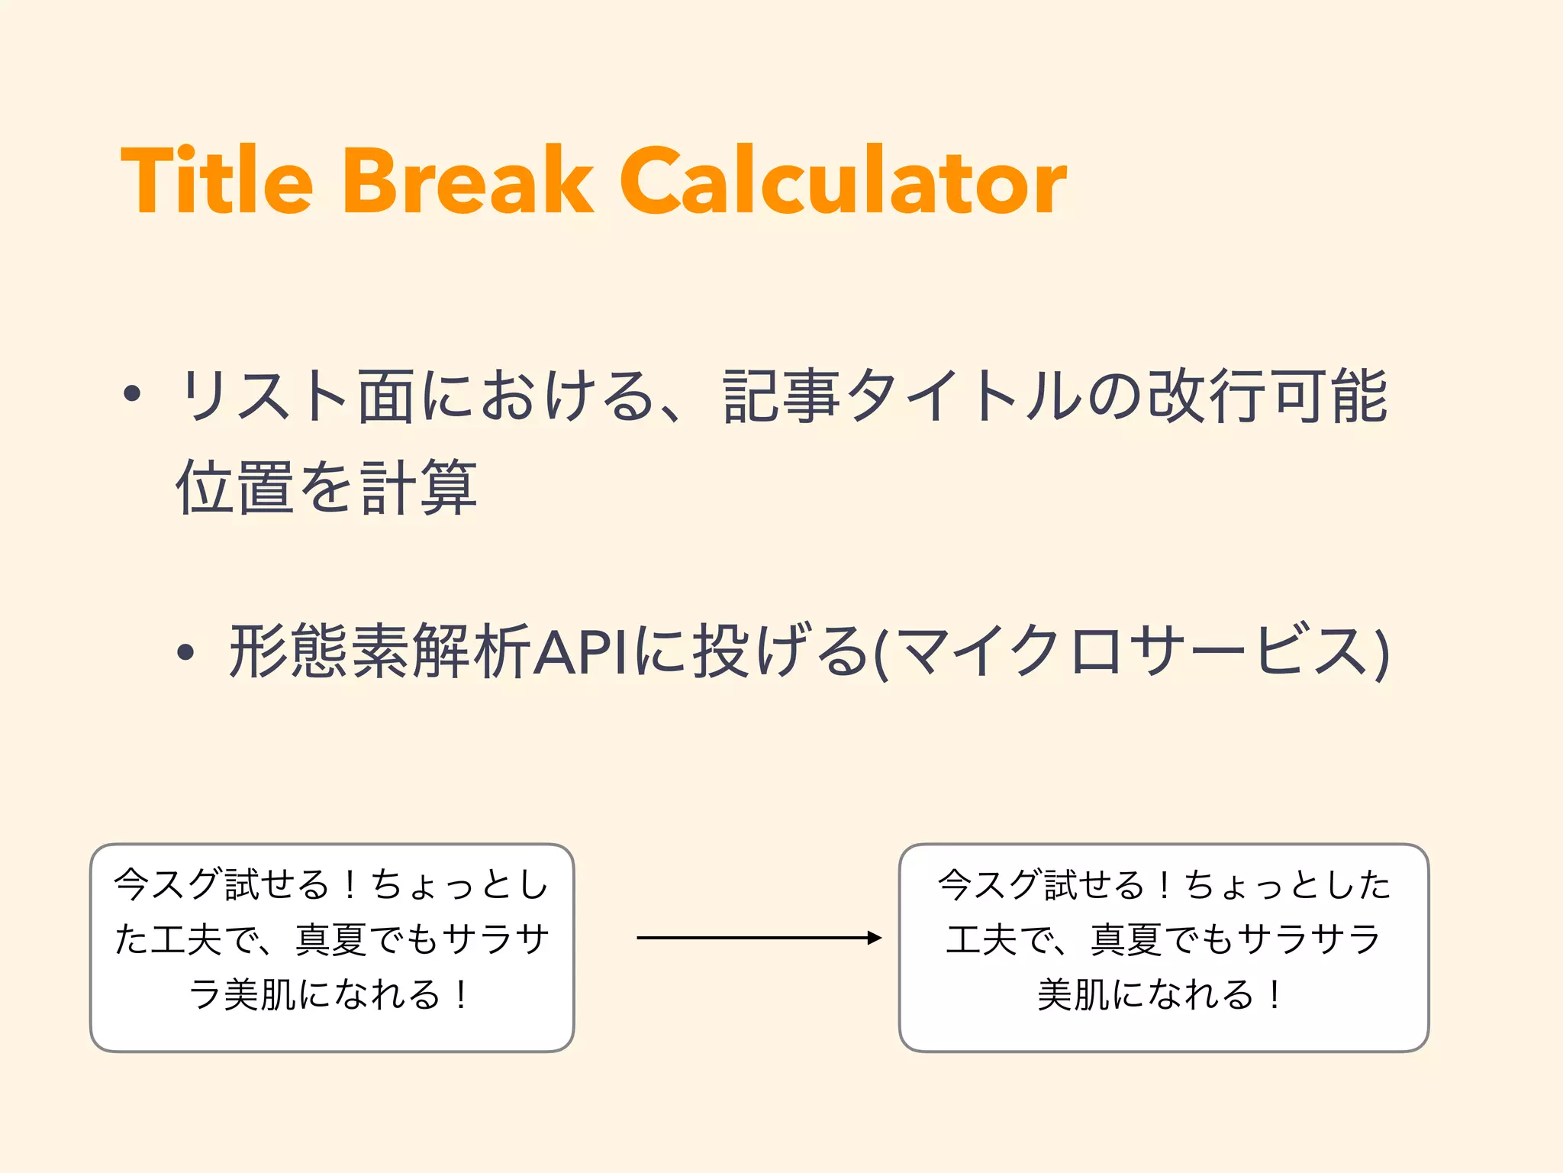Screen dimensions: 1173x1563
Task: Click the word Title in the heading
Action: (217, 181)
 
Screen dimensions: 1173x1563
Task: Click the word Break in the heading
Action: (468, 181)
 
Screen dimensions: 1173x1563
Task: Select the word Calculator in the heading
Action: (843, 181)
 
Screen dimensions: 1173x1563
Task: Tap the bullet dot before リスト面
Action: (132, 394)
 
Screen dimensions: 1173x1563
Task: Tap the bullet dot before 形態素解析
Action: (185, 651)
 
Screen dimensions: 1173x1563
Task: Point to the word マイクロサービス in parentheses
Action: (1130, 651)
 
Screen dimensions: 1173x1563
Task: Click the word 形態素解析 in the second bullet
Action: (380, 651)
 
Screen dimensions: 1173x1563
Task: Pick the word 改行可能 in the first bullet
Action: (1267, 396)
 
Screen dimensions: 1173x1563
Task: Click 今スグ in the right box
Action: (991, 884)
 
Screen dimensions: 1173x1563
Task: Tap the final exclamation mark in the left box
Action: (461, 994)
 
